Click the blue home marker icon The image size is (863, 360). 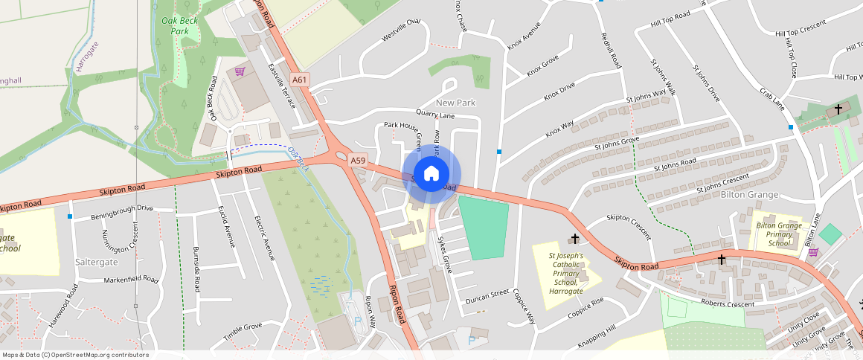coord(431,174)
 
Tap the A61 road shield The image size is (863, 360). coord(300,80)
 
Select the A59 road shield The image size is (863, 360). coord(359,160)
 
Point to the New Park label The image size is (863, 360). coord(455,103)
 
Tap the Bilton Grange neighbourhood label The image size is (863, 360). coord(749,195)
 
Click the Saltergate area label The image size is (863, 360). coord(97,263)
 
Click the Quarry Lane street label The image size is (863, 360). coord(435,115)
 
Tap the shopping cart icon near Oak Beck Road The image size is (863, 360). coord(240,71)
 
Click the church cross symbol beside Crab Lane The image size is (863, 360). coord(838,109)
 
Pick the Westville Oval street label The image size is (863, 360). coord(401,30)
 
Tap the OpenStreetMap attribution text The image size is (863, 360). coord(76,355)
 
